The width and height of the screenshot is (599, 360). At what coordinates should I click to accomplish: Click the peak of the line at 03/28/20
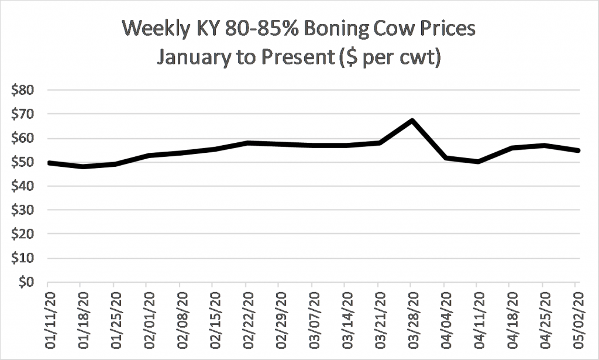[412, 121]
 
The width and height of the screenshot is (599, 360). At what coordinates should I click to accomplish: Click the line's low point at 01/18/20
[81, 167]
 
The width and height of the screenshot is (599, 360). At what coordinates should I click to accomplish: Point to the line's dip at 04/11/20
[478, 162]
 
